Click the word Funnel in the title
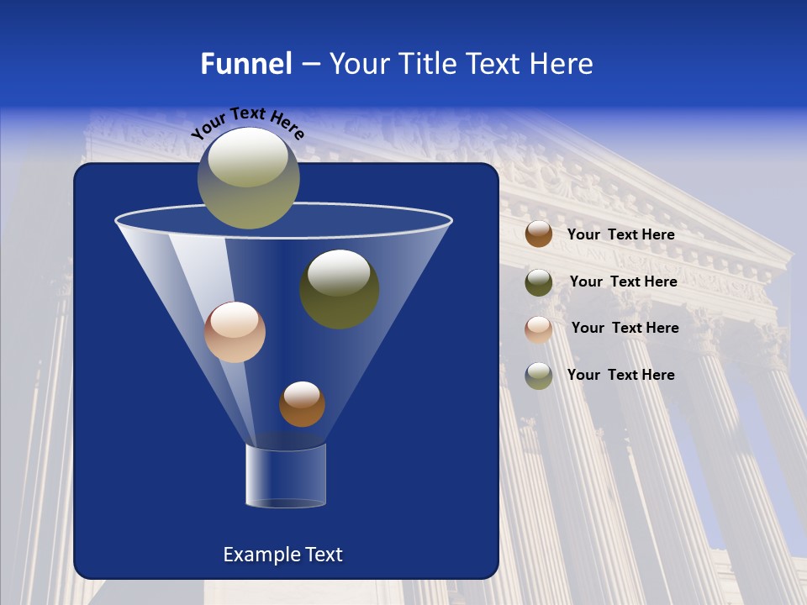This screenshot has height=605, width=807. click(x=245, y=64)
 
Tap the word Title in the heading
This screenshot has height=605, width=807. click(x=425, y=64)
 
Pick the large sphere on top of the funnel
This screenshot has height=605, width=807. click(x=249, y=177)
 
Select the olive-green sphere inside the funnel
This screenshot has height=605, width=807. click(x=339, y=289)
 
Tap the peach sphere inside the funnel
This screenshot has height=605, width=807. click(x=235, y=332)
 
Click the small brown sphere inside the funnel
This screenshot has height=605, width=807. click(x=302, y=404)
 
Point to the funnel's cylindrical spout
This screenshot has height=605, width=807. click(x=285, y=476)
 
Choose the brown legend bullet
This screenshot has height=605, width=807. click(x=539, y=234)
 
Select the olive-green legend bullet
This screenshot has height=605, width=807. click(x=539, y=282)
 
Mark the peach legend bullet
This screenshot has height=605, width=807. click(x=539, y=329)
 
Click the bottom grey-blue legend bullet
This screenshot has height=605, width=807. click(x=539, y=376)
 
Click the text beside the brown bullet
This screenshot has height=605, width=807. click(x=620, y=234)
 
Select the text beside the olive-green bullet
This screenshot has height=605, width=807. click(x=623, y=281)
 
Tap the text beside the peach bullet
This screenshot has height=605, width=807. click(x=625, y=328)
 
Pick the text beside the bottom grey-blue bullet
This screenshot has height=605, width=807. click(x=620, y=375)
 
